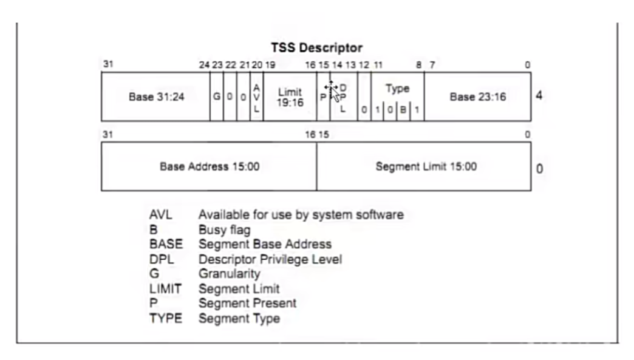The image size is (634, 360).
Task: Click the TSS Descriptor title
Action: pyautogui.click(x=316, y=48)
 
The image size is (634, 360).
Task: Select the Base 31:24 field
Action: pyautogui.click(x=156, y=97)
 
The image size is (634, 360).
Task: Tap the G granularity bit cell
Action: pyautogui.click(x=217, y=97)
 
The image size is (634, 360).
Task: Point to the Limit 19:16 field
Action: pyautogui.click(x=290, y=97)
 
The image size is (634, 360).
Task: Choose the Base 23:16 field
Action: pyautogui.click(x=477, y=97)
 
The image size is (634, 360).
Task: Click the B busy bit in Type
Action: pyautogui.click(x=403, y=109)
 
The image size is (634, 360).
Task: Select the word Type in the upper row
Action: pyautogui.click(x=397, y=89)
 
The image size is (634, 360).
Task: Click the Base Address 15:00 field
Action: pyautogui.click(x=210, y=166)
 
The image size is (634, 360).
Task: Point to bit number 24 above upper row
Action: pyautogui.click(x=204, y=65)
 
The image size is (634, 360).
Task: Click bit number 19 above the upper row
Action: pyautogui.click(x=270, y=65)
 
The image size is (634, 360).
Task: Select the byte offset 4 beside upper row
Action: pyautogui.click(x=539, y=96)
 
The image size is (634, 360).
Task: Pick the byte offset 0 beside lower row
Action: pyautogui.click(x=539, y=169)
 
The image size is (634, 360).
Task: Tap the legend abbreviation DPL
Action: pyautogui.click(x=162, y=259)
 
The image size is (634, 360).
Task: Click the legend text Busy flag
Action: pyautogui.click(x=225, y=230)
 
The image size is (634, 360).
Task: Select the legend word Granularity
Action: pyautogui.click(x=230, y=274)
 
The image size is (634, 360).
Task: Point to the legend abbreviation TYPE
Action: pyautogui.click(x=166, y=318)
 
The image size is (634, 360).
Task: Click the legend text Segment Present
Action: pyautogui.click(x=247, y=304)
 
